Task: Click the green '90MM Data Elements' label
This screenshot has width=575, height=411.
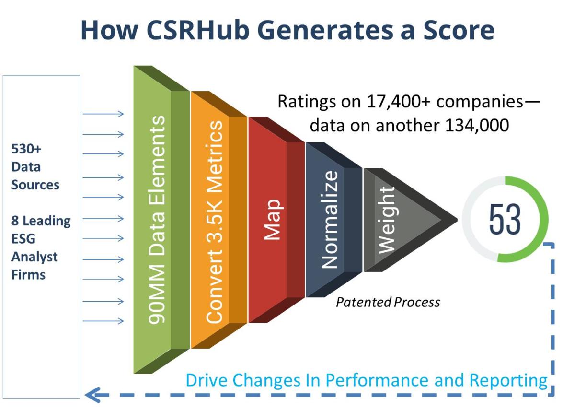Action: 157,220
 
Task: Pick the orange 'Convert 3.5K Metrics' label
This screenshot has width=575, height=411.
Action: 214,222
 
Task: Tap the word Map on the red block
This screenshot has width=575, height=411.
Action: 273,220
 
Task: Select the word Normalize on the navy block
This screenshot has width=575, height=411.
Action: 330,220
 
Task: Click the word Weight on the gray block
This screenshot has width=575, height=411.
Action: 387,220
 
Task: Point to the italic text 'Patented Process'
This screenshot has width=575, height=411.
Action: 388,302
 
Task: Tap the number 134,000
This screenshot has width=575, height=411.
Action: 477,125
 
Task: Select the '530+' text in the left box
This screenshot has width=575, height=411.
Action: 26,149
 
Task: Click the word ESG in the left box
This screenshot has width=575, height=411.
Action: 23,239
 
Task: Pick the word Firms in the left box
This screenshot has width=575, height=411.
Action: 28,275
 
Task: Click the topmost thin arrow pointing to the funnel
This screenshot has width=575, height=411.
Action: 103,114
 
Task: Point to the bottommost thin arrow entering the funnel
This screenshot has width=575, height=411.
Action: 103,321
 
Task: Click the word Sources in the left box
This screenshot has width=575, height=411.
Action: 35,185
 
